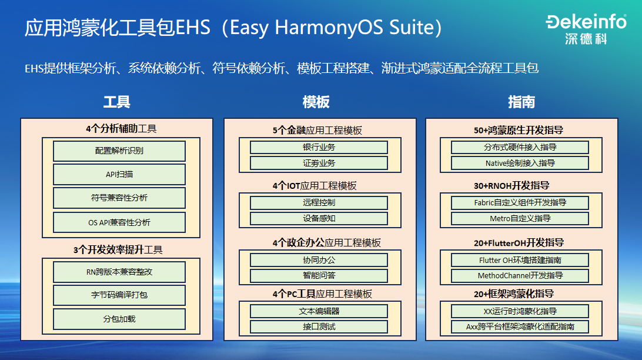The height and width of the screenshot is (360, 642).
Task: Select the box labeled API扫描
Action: point(119,175)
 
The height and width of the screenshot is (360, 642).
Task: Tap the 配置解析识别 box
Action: point(119,151)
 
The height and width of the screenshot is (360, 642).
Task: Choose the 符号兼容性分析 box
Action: point(119,198)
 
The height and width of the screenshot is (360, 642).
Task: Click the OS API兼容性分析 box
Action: point(119,222)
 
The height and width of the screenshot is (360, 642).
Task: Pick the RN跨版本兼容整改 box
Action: point(119,272)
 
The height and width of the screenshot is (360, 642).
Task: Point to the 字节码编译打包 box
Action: point(119,295)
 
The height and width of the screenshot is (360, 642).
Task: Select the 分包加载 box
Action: point(119,319)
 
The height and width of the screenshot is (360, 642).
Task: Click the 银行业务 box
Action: point(319,147)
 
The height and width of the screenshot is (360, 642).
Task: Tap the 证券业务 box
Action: point(319,163)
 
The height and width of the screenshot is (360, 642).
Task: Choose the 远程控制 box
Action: point(319,203)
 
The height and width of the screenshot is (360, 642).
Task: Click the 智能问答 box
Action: point(319,276)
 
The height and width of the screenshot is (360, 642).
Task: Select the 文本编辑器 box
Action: point(319,311)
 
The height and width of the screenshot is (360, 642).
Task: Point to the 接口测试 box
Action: point(319,326)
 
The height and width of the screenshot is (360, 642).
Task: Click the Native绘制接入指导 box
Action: point(520,163)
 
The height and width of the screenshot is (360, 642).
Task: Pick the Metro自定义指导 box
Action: point(520,219)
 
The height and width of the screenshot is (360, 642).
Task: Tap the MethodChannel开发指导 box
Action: point(520,275)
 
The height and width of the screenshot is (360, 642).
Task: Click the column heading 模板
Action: point(316,102)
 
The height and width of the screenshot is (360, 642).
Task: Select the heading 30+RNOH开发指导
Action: point(511,186)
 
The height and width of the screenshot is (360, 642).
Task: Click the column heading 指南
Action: point(521,102)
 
